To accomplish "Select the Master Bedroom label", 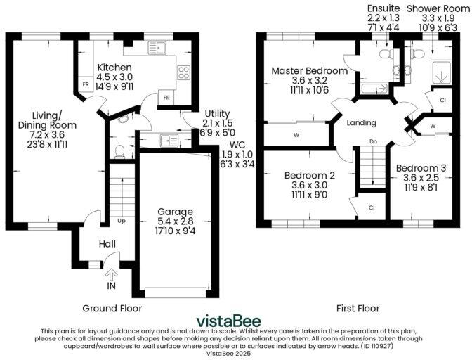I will (x=309, y=71).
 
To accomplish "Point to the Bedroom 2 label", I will (x=308, y=175).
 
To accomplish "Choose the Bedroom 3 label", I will (x=421, y=168).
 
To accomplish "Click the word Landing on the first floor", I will (x=362, y=122).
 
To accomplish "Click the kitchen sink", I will (x=159, y=47).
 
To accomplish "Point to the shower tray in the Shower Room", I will (x=440, y=70).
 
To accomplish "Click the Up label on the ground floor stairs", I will (x=121, y=220).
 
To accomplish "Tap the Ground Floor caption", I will (x=112, y=308).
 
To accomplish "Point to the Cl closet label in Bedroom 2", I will (x=372, y=207).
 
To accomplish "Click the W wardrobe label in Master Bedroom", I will (x=297, y=134).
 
